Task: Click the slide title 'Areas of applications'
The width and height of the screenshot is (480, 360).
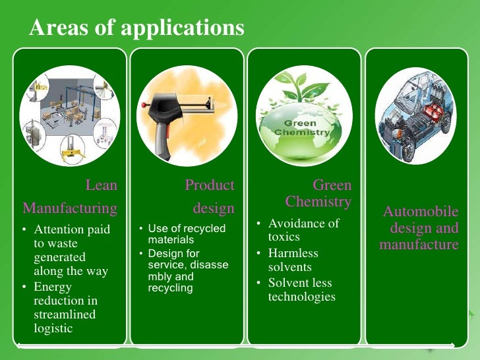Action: point(136,28)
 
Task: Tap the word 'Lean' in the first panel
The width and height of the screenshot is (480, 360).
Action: point(102,185)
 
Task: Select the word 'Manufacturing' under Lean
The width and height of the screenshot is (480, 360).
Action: point(70,208)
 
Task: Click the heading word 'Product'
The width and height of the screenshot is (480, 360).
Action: point(210,185)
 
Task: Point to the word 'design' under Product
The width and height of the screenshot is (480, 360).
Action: point(214,208)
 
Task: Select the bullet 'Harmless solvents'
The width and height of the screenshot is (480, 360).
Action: point(293,260)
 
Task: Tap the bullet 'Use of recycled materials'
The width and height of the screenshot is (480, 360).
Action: point(187,234)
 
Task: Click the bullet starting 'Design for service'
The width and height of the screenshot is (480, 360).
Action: point(188,270)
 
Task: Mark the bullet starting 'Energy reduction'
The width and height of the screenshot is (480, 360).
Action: point(65,307)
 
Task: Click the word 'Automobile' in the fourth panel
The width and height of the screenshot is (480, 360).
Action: point(421,212)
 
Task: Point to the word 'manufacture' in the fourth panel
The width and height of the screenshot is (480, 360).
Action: point(419,245)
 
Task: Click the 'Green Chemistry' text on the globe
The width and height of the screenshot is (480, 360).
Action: point(301,127)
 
